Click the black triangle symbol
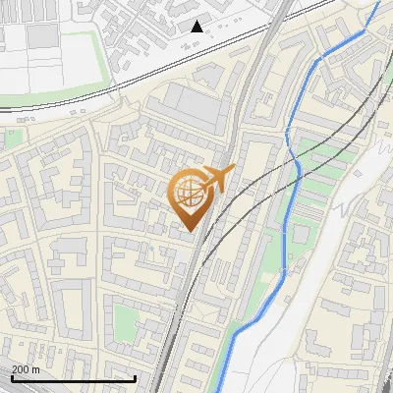point(196,27)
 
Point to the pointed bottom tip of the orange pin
point(190,232)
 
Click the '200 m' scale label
point(27,368)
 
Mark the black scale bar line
point(74,378)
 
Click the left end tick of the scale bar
point(13,376)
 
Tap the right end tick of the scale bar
point(135,376)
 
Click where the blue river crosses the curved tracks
point(293,167)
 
